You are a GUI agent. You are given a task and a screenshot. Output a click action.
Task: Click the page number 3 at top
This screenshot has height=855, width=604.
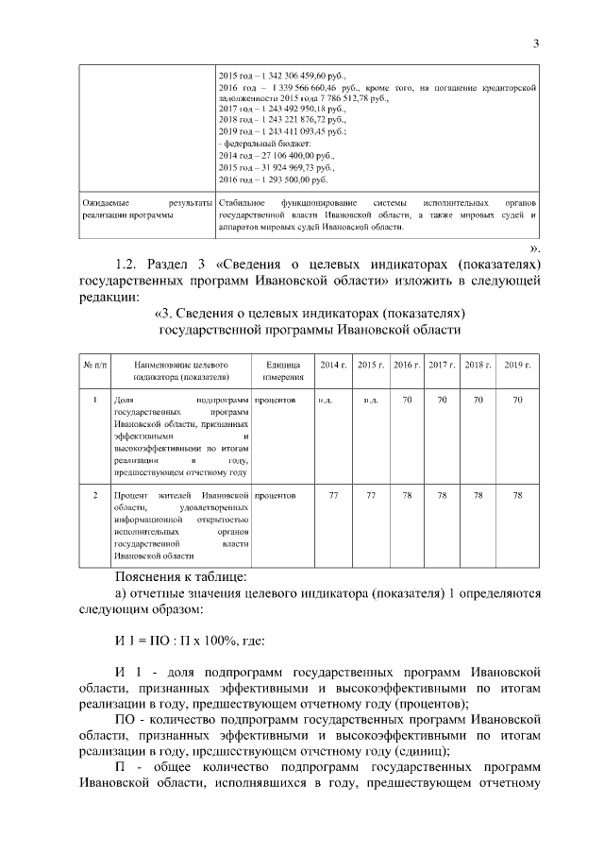[x=535, y=43]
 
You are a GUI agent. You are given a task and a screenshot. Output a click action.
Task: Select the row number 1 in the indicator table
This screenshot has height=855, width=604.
[x=95, y=402]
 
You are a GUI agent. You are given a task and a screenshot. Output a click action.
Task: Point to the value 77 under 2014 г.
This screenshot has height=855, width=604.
[x=333, y=495]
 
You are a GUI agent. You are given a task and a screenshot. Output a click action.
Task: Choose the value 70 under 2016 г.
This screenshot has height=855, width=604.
[x=407, y=402]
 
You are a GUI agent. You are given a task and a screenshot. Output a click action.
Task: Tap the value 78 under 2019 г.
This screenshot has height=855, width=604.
[x=516, y=495]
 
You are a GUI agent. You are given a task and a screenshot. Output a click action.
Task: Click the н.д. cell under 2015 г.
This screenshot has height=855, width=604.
[x=371, y=402]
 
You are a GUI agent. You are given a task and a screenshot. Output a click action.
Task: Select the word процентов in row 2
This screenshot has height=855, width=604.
[x=276, y=495]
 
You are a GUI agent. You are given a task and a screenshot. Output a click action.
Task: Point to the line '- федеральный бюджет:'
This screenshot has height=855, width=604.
[x=259, y=143]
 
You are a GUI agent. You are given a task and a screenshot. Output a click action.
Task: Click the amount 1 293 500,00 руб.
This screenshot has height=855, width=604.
[x=287, y=179]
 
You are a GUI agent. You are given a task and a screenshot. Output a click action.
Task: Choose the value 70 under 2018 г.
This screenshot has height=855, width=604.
[x=478, y=402]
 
